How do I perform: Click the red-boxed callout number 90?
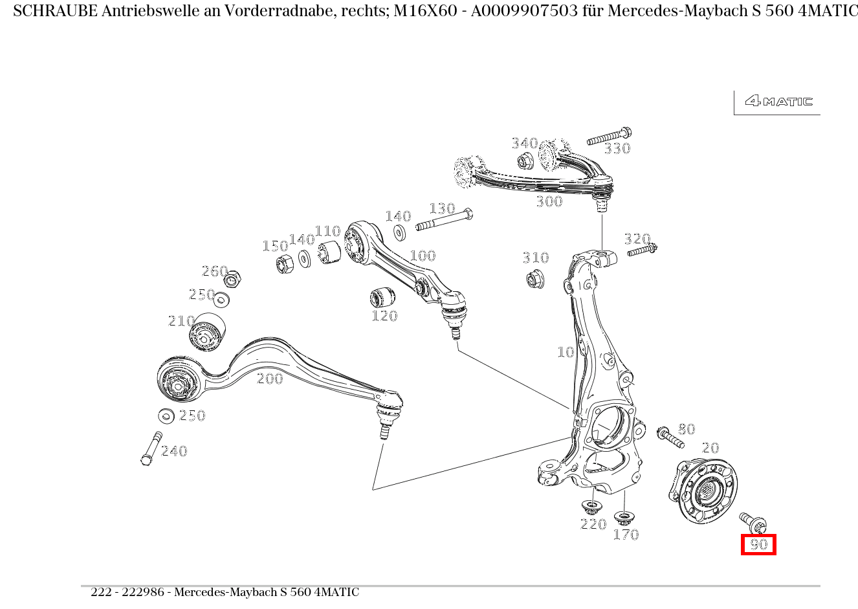(x=758, y=545)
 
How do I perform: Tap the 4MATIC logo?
(x=778, y=101)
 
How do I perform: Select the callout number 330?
(x=617, y=149)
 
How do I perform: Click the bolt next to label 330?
(x=608, y=137)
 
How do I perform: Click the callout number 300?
(x=549, y=202)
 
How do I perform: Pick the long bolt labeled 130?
(x=444, y=220)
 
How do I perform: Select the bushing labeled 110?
(x=330, y=252)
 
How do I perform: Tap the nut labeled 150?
(x=284, y=264)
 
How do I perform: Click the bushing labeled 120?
(x=382, y=297)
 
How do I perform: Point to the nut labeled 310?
(x=535, y=280)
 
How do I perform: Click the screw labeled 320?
(x=641, y=250)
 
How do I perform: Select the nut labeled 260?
(x=234, y=280)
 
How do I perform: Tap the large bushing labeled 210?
(x=207, y=331)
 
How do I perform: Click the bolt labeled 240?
(x=151, y=448)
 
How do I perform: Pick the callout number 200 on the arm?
(x=270, y=379)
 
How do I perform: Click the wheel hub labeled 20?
(x=702, y=489)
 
